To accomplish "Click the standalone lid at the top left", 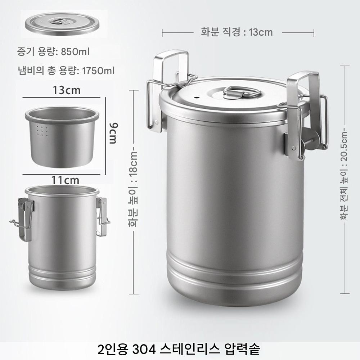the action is click(62, 24).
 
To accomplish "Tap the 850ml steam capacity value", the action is click(75, 52).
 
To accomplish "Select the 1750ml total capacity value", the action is click(98, 71).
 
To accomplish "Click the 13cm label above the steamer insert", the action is click(67, 90).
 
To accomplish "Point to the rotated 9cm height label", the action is click(114, 134).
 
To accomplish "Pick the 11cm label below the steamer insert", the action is click(65, 180).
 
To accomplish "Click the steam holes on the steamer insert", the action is click(42, 131).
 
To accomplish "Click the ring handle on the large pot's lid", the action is click(242, 92).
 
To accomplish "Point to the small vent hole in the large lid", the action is click(196, 98).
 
